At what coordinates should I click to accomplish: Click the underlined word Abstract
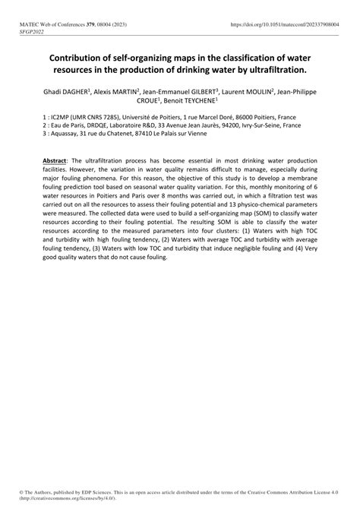click(x=55, y=162)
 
